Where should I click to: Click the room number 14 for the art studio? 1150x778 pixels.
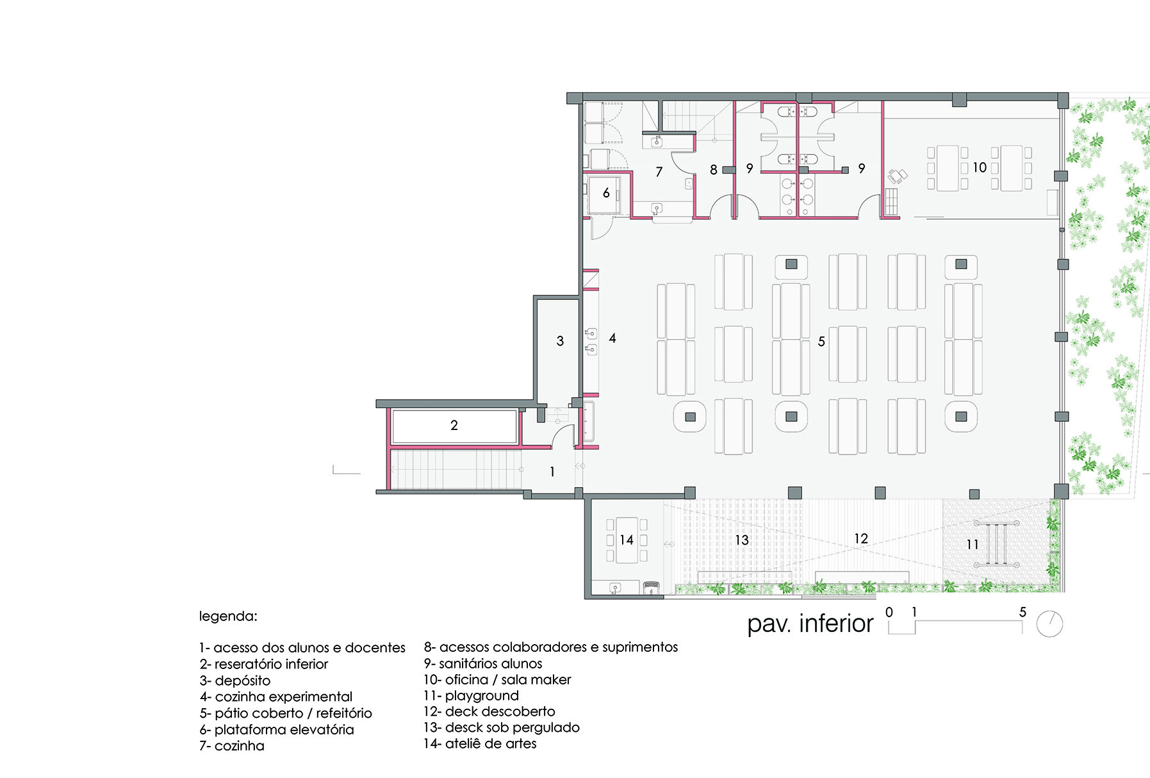pyautogui.click(x=626, y=540)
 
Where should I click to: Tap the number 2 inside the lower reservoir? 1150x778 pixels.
pyautogui.click(x=454, y=426)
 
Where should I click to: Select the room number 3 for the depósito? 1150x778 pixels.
pyautogui.click(x=560, y=341)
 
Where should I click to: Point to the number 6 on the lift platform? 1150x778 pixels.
pyautogui.click(x=606, y=193)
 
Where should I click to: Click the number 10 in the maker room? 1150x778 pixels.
pyautogui.click(x=980, y=167)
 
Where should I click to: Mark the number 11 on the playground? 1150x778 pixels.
pyautogui.click(x=973, y=545)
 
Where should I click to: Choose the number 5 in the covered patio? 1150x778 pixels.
pyautogui.click(x=821, y=342)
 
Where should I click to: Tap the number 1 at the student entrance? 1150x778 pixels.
pyautogui.click(x=552, y=472)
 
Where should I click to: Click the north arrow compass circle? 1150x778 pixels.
pyautogui.click(x=1049, y=624)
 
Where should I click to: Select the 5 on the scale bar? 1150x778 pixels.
pyautogui.click(x=1023, y=612)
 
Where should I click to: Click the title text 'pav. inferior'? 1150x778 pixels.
pyautogui.click(x=810, y=624)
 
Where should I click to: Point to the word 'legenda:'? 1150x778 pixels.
pyautogui.click(x=228, y=617)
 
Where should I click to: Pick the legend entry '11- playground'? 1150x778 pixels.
pyautogui.click(x=471, y=696)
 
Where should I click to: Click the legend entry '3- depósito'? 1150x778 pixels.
pyautogui.click(x=234, y=681)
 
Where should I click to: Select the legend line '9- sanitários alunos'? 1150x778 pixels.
pyautogui.click(x=483, y=664)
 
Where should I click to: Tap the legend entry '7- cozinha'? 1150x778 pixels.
pyautogui.click(x=231, y=746)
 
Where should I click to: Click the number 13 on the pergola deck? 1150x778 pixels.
pyautogui.click(x=742, y=540)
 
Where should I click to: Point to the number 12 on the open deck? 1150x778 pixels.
pyautogui.click(x=861, y=539)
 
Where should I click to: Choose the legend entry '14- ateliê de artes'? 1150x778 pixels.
pyautogui.click(x=480, y=744)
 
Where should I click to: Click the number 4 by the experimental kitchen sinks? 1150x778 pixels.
pyautogui.click(x=612, y=338)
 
